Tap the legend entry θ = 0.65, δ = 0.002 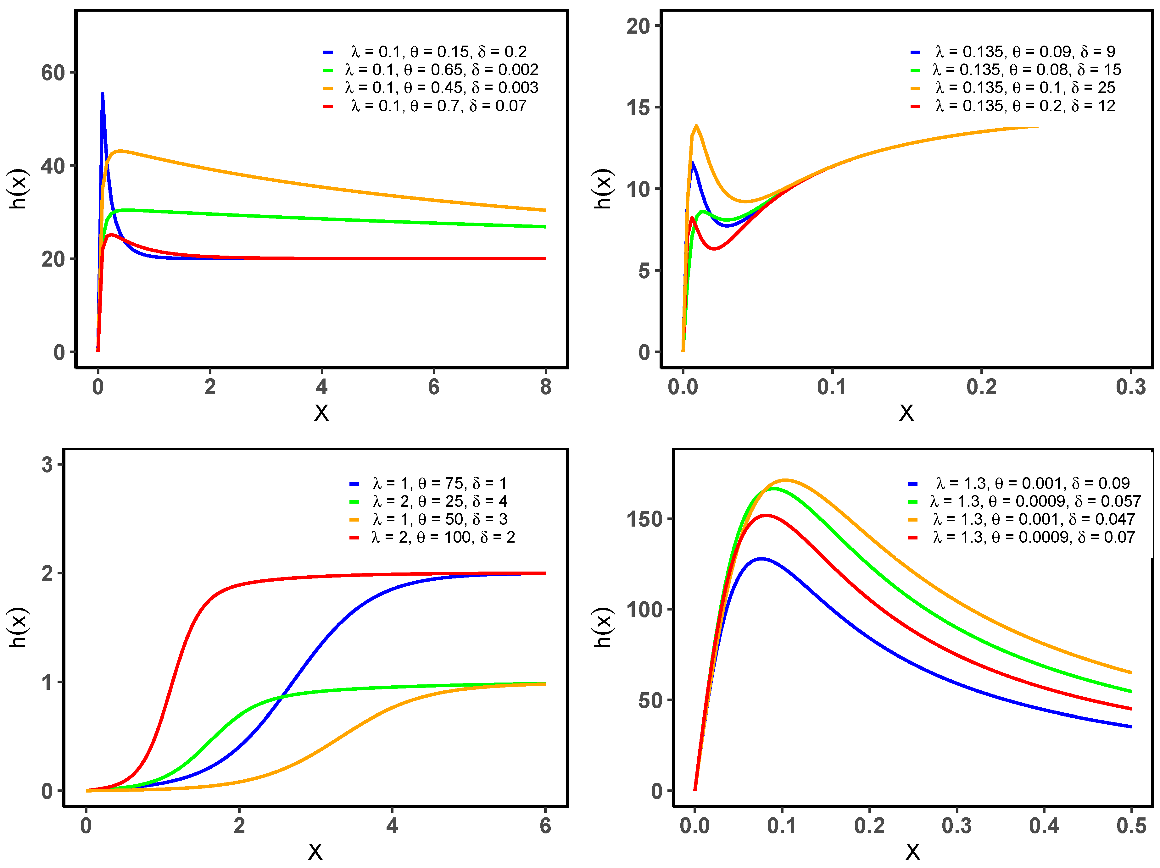(442, 70)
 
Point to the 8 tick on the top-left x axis (545, 387)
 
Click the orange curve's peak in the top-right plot (696, 126)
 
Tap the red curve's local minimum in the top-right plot (713, 248)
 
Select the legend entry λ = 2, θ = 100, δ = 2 (443, 537)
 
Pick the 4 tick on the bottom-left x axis (392, 826)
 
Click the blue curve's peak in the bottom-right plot (761, 559)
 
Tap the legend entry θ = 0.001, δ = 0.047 (1033, 519)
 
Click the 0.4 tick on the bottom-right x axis (1044, 826)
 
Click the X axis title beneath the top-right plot (906, 413)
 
